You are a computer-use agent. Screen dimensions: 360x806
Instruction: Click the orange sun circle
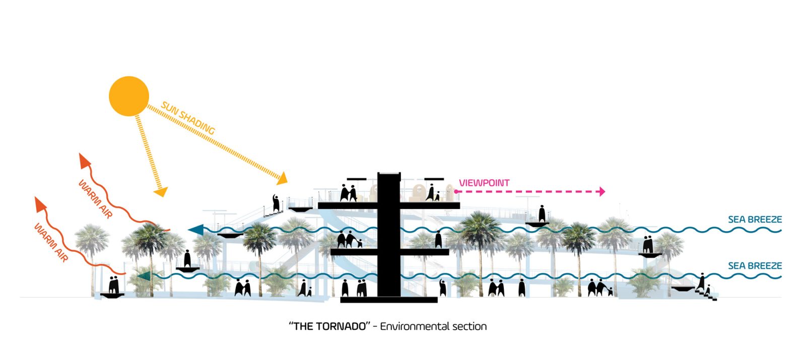tap(129, 96)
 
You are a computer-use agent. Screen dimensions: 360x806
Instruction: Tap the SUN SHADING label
tap(188, 118)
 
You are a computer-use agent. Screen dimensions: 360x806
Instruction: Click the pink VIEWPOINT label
tap(484, 183)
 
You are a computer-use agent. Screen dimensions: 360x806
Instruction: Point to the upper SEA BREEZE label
tap(755, 220)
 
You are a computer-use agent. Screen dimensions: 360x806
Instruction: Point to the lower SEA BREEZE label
tap(755, 266)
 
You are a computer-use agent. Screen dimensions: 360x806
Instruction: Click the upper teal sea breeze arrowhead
tap(196, 230)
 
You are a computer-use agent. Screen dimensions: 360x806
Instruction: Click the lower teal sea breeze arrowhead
tap(144, 275)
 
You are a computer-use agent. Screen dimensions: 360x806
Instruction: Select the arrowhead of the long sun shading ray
tap(282, 178)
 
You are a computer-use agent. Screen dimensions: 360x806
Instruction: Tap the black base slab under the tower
tap(389, 300)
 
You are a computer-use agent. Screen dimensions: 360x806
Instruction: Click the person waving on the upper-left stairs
tap(276, 202)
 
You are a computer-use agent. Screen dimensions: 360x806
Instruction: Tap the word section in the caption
tap(469, 326)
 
